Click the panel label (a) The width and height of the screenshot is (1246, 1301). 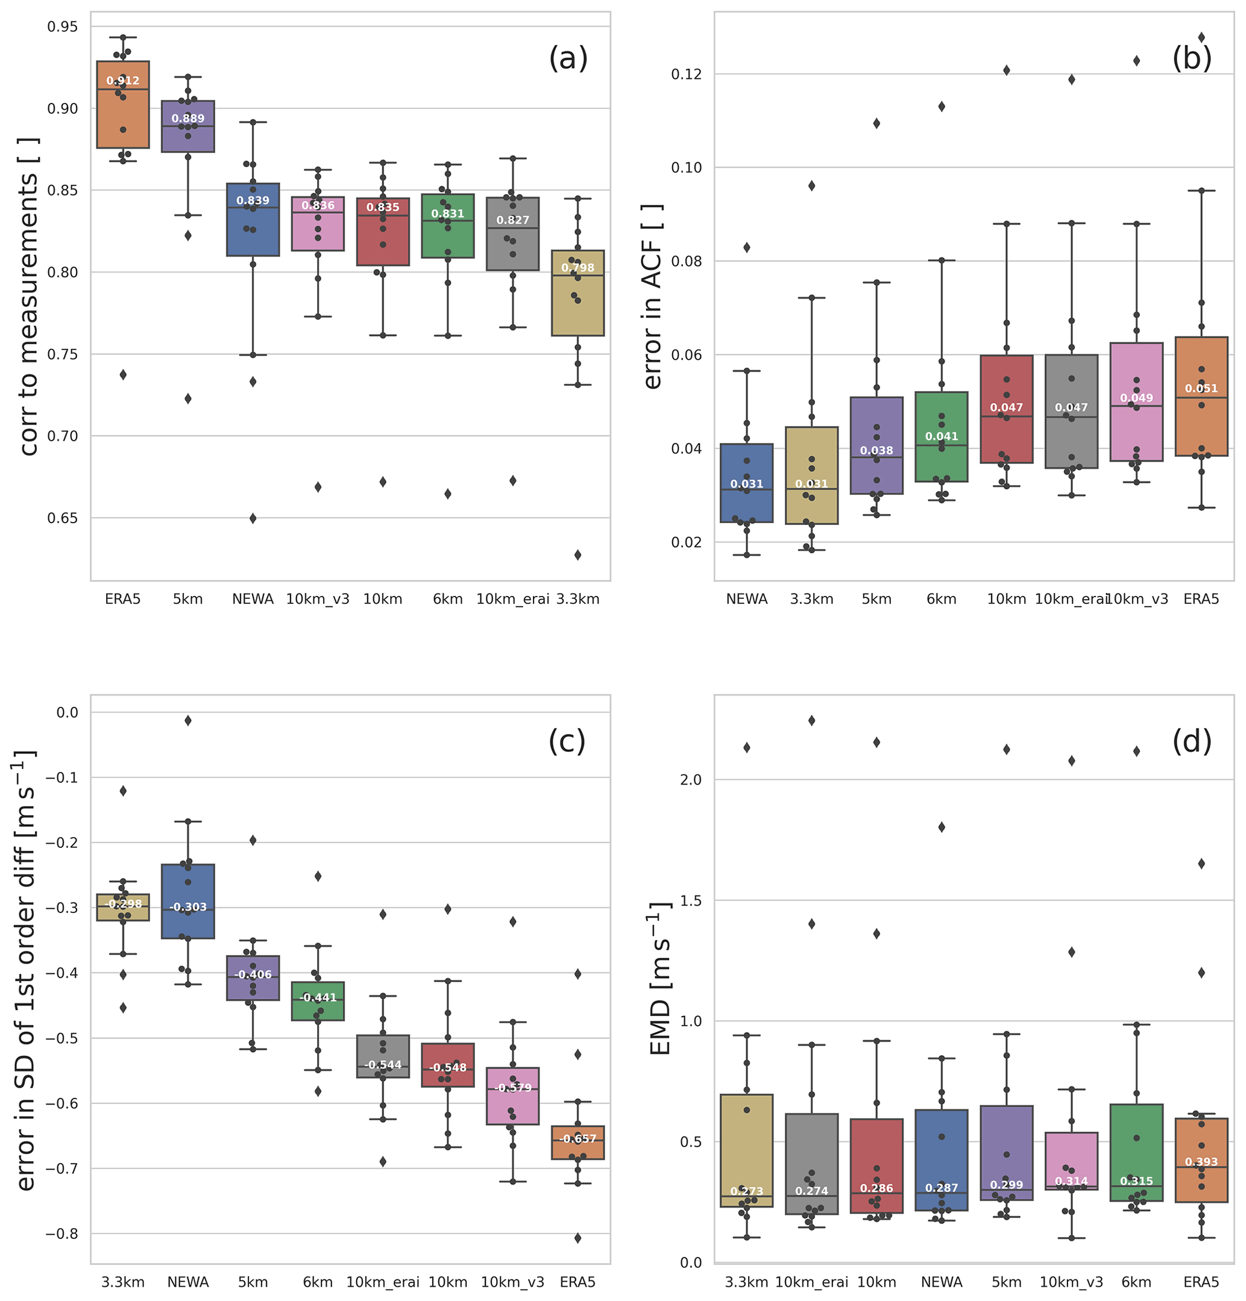[x=568, y=58]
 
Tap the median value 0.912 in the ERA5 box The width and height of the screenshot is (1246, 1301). [x=123, y=81]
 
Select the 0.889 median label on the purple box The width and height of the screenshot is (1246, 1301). [x=188, y=119]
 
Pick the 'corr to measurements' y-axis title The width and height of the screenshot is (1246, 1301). [x=29, y=296]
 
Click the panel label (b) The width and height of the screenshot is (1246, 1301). [x=1192, y=58]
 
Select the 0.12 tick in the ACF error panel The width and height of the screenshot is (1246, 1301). [x=686, y=74]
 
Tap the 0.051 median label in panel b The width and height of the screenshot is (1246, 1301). [x=1201, y=389]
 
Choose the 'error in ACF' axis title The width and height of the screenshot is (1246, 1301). [x=653, y=296]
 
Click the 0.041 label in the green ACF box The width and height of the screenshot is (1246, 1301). [x=941, y=437]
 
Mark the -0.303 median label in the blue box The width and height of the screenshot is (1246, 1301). [x=188, y=908]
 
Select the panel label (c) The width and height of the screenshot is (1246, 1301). [x=567, y=741]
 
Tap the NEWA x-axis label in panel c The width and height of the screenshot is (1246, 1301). [x=188, y=1282]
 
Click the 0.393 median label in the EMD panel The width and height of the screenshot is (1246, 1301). [x=1201, y=1162]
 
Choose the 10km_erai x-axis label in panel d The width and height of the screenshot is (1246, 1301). [x=811, y=1282]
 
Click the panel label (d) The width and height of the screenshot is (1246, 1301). [x=1192, y=741]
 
